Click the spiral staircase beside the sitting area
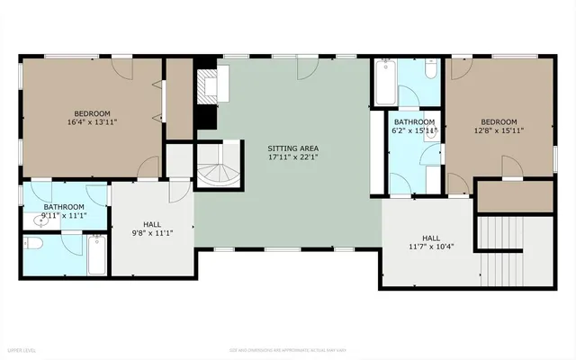219,166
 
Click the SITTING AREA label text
292,148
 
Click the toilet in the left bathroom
33,244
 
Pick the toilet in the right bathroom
429,69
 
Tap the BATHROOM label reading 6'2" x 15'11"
413,121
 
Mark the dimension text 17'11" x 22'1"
292,157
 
